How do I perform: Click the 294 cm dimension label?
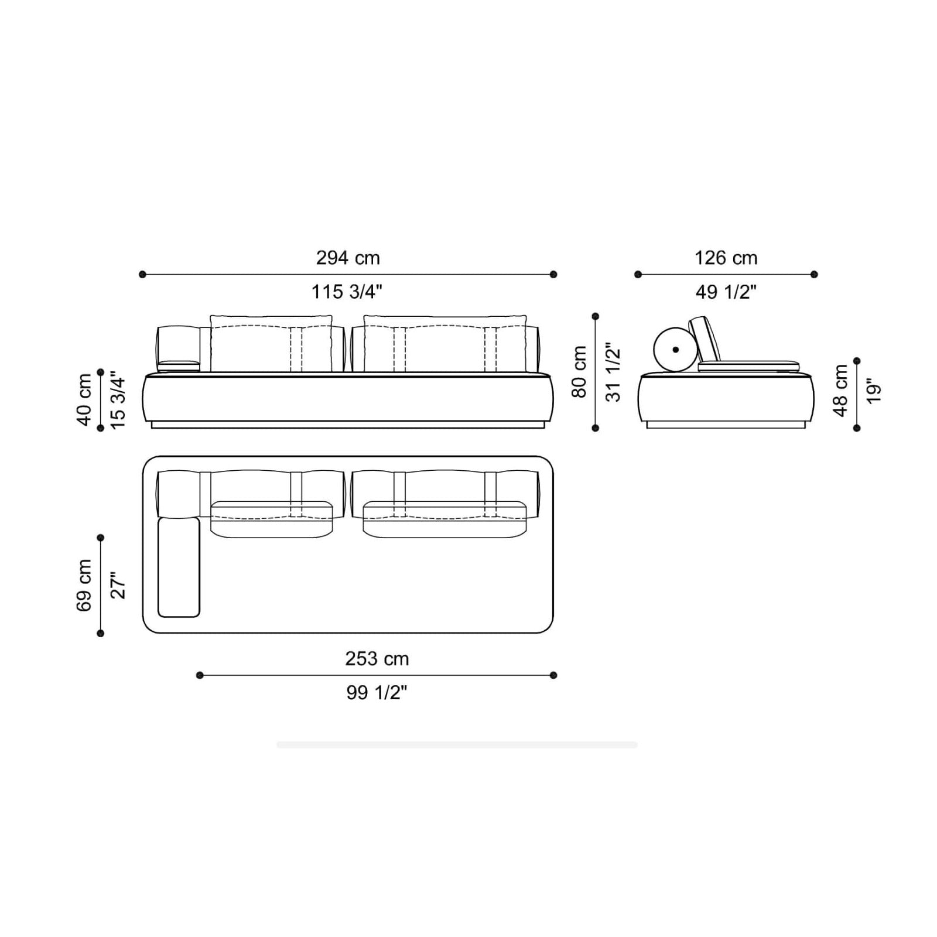click(348, 258)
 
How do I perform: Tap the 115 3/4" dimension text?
click(347, 292)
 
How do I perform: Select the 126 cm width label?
click(726, 258)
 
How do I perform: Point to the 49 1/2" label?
click(726, 292)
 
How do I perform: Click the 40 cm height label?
click(84, 400)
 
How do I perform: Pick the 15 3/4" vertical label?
click(118, 400)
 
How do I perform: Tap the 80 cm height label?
click(579, 372)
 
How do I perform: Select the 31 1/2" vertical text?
click(613, 372)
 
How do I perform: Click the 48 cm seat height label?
click(840, 391)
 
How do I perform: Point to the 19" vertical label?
click(873, 391)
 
